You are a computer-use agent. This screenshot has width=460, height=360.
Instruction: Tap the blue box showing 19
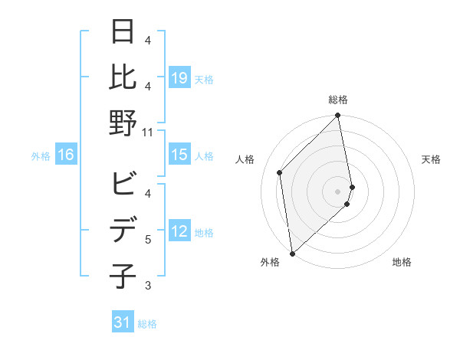pyautogui.click(x=179, y=77)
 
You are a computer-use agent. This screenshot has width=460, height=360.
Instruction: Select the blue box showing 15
pyautogui.click(x=179, y=155)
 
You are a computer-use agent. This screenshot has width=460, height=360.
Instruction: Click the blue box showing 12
pyautogui.click(x=179, y=232)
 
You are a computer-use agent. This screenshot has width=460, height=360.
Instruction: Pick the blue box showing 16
pyautogui.click(x=66, y=155)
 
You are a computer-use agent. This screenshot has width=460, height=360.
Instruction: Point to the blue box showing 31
pyautogui.click(x=123, y=323)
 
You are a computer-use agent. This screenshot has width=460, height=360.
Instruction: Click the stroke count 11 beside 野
pyautogui.click(x=147, y=132)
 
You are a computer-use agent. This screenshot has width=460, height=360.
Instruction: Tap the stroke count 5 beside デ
pyautogui.click(x=148, y=240)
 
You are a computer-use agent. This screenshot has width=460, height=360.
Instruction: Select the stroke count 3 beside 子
pyautogui.click(x=148, y=286)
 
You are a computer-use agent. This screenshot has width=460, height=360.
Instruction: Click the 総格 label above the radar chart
pyautogui.click(x=338, y=100)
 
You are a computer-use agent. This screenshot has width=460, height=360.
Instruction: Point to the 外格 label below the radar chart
pyautogui.click(x=270, y=262)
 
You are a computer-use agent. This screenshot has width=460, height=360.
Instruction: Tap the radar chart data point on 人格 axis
pyautogui.click(x=280, y=172)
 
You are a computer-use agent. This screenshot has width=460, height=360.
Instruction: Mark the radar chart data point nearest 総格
pyautogui.click(x=338, y=116)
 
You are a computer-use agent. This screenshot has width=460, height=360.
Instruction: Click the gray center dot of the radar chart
pyautogui.click(x=338, y=191)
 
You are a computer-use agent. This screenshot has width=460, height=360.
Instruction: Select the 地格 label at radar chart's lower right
pyautogui.click(x=402, y=262)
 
